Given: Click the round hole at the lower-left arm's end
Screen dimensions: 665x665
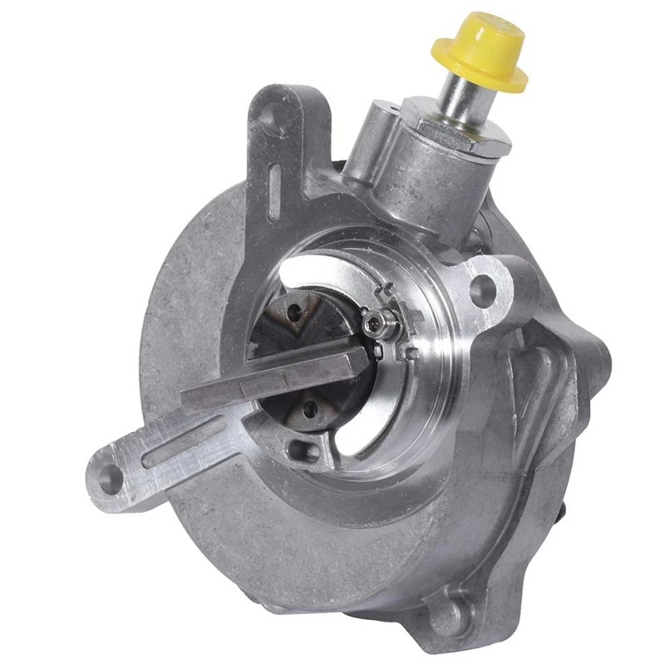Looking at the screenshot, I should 109,476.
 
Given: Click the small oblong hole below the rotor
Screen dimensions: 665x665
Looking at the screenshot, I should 304,452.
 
